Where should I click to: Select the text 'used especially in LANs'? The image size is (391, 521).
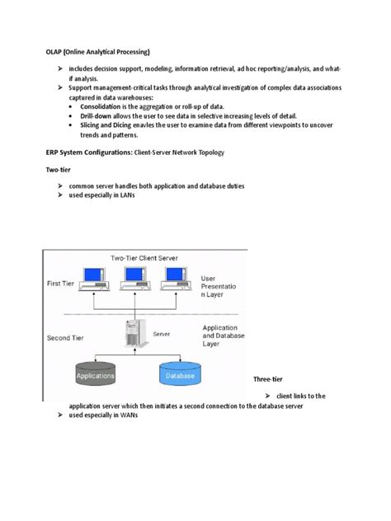point(102,195)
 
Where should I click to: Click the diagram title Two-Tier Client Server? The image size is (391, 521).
point(144,257)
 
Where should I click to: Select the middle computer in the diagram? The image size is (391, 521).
point(134,279)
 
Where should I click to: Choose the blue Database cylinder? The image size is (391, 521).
point(181,375)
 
